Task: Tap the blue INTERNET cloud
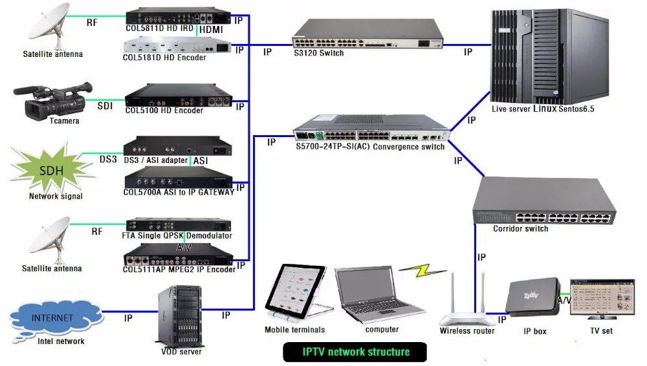(x=52, y=319)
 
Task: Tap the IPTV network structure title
(x=356, y=352)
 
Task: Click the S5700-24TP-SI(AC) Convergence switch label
(x=370, y=147)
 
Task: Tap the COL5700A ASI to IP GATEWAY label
(x=179, y=192)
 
